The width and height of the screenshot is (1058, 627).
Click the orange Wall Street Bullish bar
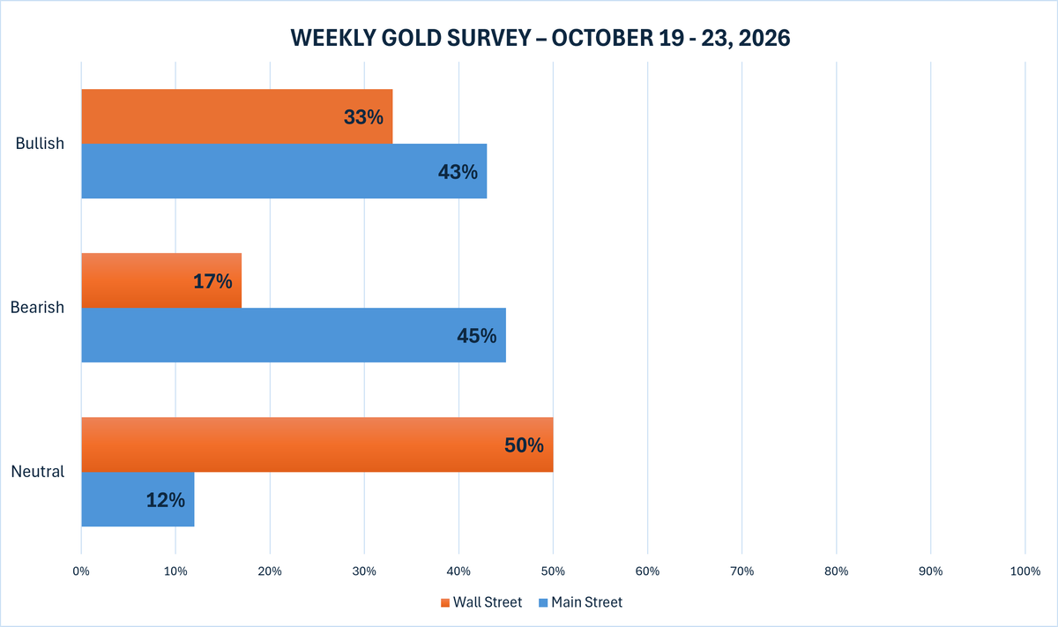coord(237,116)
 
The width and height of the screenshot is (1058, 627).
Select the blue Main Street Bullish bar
coord(284,171)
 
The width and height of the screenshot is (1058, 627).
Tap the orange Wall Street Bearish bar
coord(161,280)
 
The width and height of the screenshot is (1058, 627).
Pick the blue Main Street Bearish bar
coord(294,335)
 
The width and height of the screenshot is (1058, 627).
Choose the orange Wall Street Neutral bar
coord(317,444)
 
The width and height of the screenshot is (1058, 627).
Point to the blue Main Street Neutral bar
coord(138,499)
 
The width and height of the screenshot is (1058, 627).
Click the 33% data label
coord(363,117)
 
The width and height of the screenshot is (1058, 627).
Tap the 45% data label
coord(477,336)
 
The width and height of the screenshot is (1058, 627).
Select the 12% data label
coord(166,500)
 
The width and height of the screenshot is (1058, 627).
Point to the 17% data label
coord(212,281)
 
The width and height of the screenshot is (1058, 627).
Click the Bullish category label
coord(40,143)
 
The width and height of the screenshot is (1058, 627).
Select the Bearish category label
coord(37,307)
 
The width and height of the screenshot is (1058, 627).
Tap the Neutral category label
coord(38,472)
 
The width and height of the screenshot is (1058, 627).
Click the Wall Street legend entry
coord(481,602)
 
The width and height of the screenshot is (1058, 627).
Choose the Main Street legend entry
coord(580,602)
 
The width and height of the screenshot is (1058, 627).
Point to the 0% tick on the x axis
coord(81,571)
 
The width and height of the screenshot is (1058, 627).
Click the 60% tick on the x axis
coord(647,571)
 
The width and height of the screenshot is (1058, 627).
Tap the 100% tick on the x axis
coord(1025,571)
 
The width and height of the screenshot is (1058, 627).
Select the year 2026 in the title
coord(764,38)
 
